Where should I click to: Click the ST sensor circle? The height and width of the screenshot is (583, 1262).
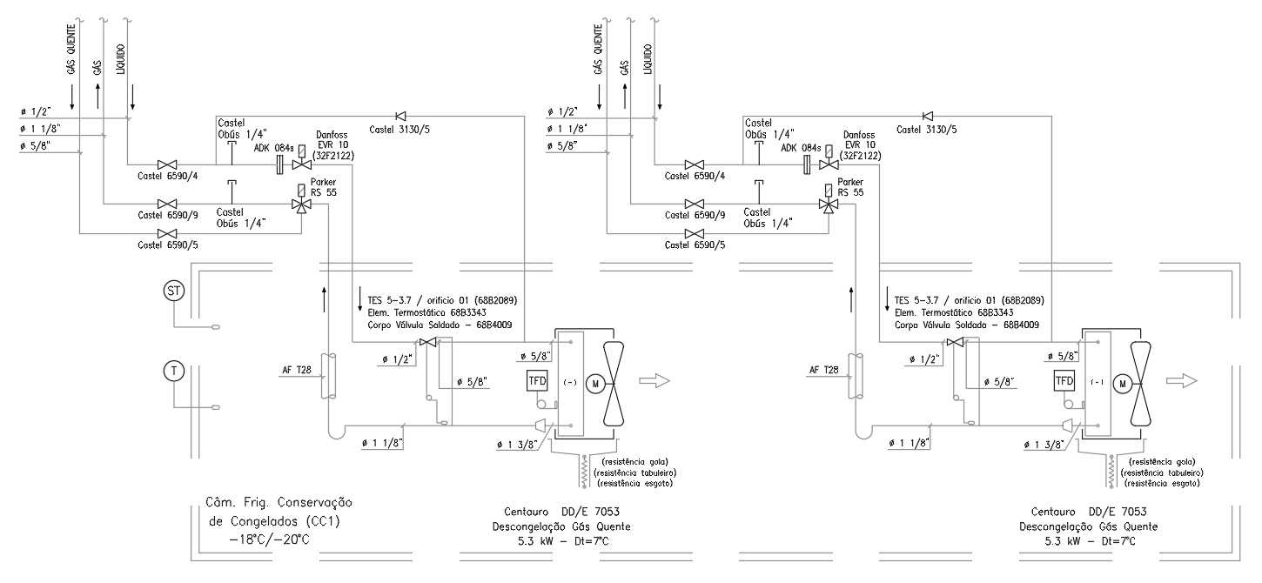[x=174, y=291]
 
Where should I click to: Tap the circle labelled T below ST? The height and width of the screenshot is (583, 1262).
[x=174, y=371]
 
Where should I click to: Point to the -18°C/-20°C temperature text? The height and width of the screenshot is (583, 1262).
[x=269, y=539]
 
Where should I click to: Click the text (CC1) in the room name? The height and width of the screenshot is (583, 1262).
[x=322, y=521]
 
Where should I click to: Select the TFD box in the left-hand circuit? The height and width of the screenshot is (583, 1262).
[x=537, y=381]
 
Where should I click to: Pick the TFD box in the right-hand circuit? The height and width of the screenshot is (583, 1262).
[x=1064, y=381]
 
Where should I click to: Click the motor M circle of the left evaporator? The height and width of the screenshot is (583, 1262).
[x=595, y=384]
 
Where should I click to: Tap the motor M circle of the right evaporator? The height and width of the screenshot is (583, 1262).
[x=1122, y=384]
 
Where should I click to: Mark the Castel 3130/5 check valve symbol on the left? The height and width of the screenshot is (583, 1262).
[x=400, y=116]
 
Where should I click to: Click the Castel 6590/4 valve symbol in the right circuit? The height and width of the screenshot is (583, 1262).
[x=695, y=165]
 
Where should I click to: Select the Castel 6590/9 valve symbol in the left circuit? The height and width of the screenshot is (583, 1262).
[x=167, y=204]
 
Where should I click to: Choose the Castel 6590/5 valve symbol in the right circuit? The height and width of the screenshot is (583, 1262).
[x=695, y=233]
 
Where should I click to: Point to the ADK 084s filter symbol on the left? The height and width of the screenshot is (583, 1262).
[x=279, y=165]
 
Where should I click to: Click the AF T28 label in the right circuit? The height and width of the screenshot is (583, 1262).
[x=823, y=370]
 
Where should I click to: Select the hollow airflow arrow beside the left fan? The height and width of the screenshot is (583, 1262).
[x=654, y=381]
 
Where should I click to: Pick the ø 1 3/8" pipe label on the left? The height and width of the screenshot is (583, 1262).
[x=517, y=445]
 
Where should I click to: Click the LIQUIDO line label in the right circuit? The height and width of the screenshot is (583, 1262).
[x=648, y=59]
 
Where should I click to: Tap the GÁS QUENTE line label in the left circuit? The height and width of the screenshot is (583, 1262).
[x=71, y=50]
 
